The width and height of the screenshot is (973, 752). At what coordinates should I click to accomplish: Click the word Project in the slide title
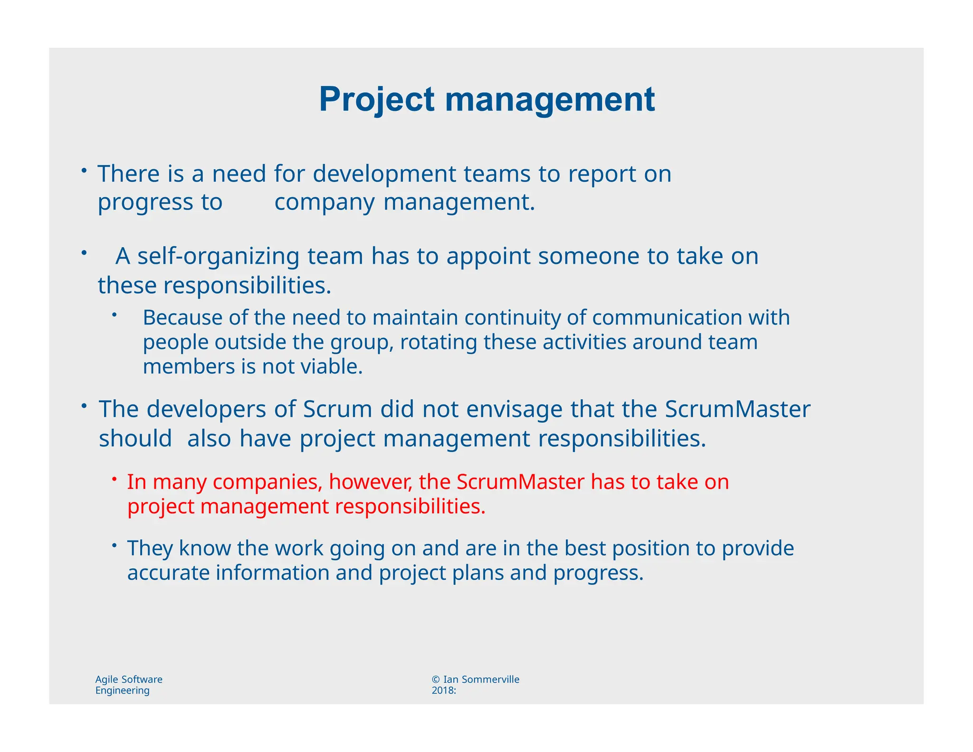point(376,100)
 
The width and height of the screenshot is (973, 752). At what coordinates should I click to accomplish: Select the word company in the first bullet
point(324,202)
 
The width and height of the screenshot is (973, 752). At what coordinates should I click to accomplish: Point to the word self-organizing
point(218,256)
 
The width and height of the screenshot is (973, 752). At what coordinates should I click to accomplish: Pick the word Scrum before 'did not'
point(337,409)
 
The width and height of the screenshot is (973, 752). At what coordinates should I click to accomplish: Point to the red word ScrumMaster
point(520,482)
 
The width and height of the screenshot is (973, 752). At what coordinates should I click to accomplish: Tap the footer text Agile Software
point(129,679)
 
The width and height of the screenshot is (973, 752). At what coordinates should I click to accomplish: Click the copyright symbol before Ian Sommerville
point(436,680)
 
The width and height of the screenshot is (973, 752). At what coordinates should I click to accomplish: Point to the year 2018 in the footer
point(442,691)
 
